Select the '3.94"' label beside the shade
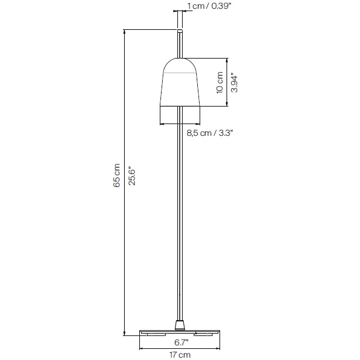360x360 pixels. (234, 83)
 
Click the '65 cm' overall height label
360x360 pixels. (116, 176)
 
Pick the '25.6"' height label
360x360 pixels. (132, 176)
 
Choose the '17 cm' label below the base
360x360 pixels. (180, 354)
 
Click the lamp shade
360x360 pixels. (180, 88)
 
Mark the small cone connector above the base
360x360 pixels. (180, 324)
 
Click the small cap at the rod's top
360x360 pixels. (180, 29)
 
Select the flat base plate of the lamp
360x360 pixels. (180, 332)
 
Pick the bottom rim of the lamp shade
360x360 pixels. (180, 106)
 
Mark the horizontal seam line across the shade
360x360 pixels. (180, 73)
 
